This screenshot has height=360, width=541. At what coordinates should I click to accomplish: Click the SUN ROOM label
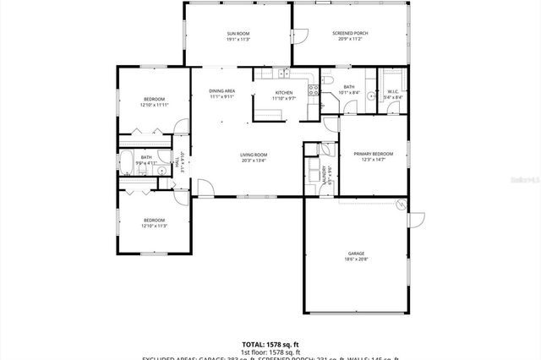238,33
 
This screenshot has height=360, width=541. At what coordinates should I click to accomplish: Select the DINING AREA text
222,91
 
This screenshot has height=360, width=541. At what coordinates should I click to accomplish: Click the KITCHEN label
283,92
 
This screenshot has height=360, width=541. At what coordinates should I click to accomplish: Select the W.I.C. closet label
392,92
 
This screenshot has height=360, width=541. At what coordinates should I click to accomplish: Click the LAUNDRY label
326,173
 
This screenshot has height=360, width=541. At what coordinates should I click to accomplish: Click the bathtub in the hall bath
126,163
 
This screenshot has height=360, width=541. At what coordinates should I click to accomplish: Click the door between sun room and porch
298,37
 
